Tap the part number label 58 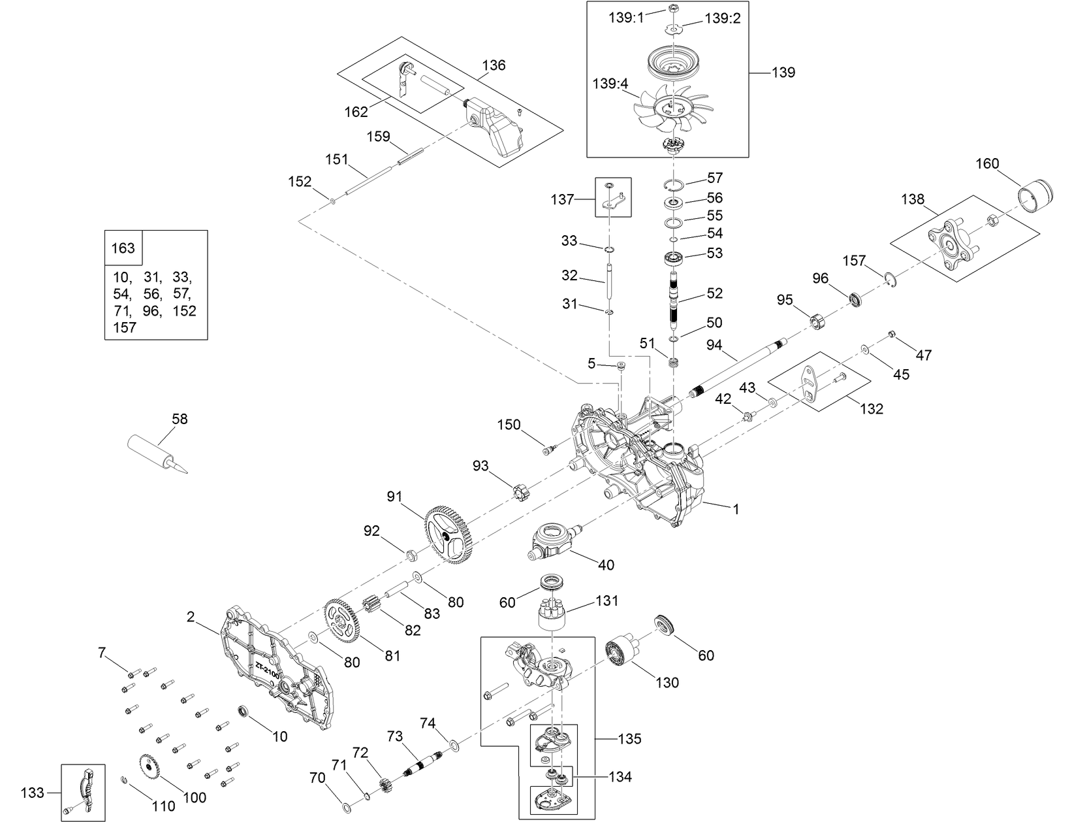(x=179, y=419)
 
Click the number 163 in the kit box (x=123, y=248)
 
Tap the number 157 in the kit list (x=124, y=327)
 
